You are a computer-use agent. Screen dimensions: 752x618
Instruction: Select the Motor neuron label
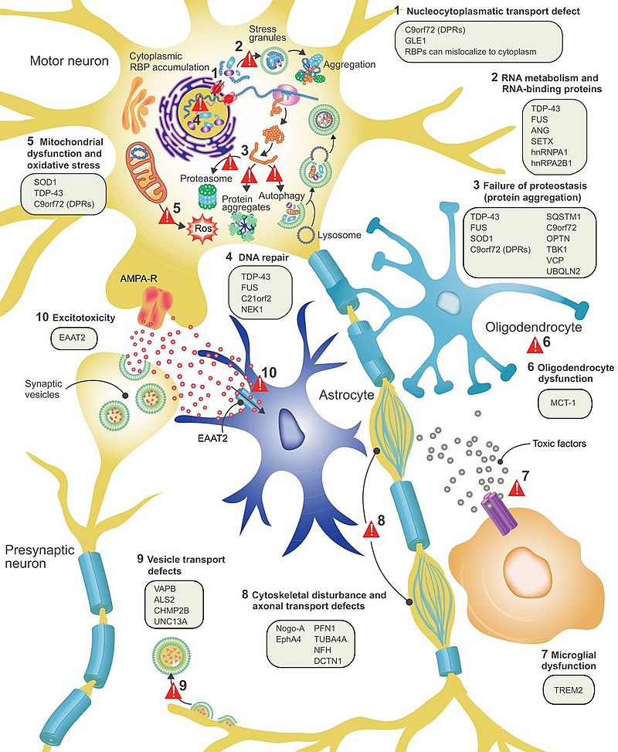[x=69, y=60]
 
